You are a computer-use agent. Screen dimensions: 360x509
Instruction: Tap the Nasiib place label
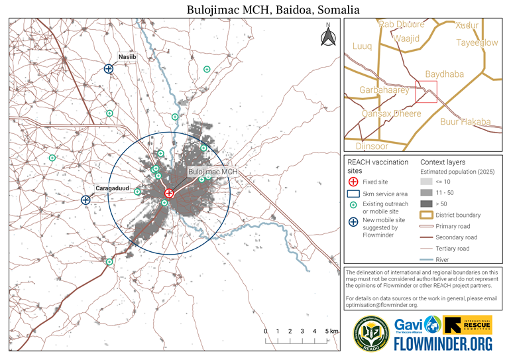tap(127, 58)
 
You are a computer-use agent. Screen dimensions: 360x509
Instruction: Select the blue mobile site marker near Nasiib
tap(109, 68)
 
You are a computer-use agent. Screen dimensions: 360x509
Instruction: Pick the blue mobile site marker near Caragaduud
tap(85, 200)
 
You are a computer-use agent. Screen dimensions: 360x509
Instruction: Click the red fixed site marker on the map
tap(168, 193)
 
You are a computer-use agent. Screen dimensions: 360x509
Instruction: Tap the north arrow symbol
tap(327, 36)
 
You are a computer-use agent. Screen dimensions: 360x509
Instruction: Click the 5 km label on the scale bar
tap(332, 331)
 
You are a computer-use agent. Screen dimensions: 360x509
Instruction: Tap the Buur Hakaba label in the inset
tap(465, 122)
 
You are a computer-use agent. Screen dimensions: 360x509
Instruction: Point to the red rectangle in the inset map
tap(425, 92)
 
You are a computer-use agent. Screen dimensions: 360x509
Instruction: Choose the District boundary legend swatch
tap(427, 215)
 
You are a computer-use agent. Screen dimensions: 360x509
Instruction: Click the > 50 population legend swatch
tap(427, 204)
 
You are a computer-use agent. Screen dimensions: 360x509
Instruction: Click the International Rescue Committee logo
tap(468, 324)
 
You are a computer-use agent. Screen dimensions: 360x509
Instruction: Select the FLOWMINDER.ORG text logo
tap(443, 343)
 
